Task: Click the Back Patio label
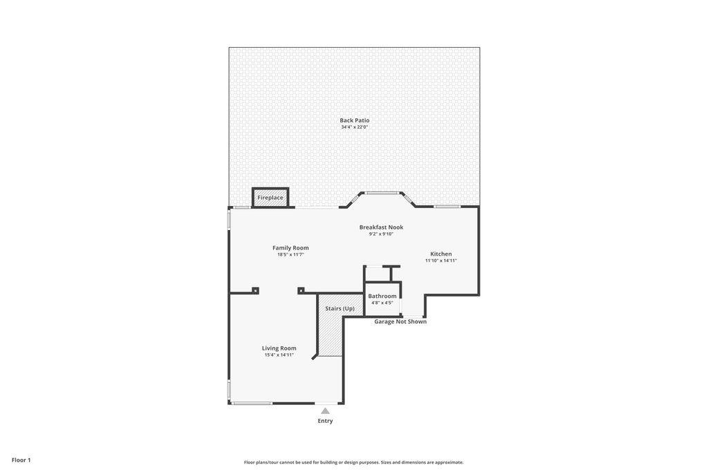click(x=354, y=120)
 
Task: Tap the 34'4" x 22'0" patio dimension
click(x=354, y=127)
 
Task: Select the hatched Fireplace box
click(x=270, y=198)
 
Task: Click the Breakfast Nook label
click(x=380, y=227)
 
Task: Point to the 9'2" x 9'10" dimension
click(x=380, y=234)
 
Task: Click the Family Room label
click(x=290, y=247)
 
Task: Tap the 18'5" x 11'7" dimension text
click(x=290, y=254)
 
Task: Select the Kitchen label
click(x=440, y=254)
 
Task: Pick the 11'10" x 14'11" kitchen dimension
click(x=440, y=261)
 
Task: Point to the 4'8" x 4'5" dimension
click(x=382, y=303)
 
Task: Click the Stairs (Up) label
click(x=339, y=308)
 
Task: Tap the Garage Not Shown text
click(x=400, y=321)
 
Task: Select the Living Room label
click(x=279, y=348)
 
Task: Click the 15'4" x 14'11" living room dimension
click(x=279, y=355)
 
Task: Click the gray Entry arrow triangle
click(x=325, y=410)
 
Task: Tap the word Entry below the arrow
click(x=325, y=421)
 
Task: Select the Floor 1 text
click(x=21, y=460)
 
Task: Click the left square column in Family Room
click(x=255, y=290)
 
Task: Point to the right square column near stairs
click(x=301, y=290)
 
